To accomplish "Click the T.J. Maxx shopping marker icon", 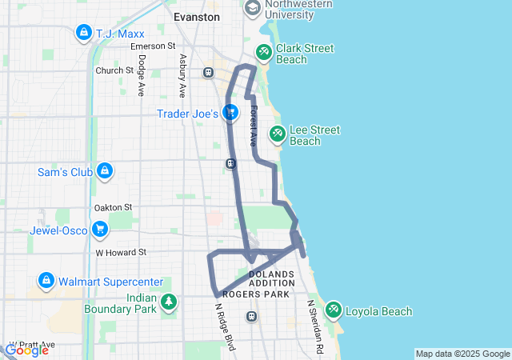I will [x=82, y=33].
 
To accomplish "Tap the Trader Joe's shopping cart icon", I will [x=230, y=113].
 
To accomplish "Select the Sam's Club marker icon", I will [x=103, y=171].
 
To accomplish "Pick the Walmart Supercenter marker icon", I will [x=46, y=282].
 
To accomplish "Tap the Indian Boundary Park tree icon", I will [x=169, y=302].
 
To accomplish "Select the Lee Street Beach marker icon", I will [x=277, y=134].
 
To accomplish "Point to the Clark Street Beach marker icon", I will [x=263, y=53].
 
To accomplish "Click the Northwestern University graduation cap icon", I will [x=253, y=9].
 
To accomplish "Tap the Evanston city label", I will [x=197, y=16].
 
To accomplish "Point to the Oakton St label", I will [x=112, y=208].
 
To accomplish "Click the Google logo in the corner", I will [x=26, y=350].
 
